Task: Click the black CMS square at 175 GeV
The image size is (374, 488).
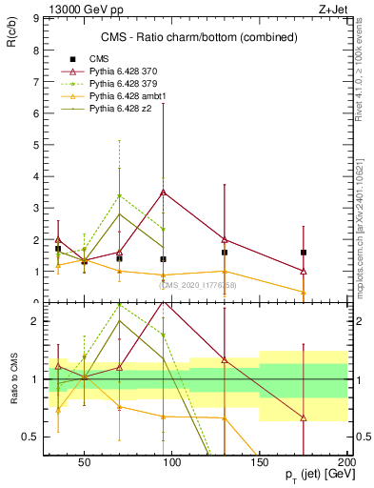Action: click(304, 253)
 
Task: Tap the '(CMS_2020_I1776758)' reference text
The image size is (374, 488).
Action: click(197, 284)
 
